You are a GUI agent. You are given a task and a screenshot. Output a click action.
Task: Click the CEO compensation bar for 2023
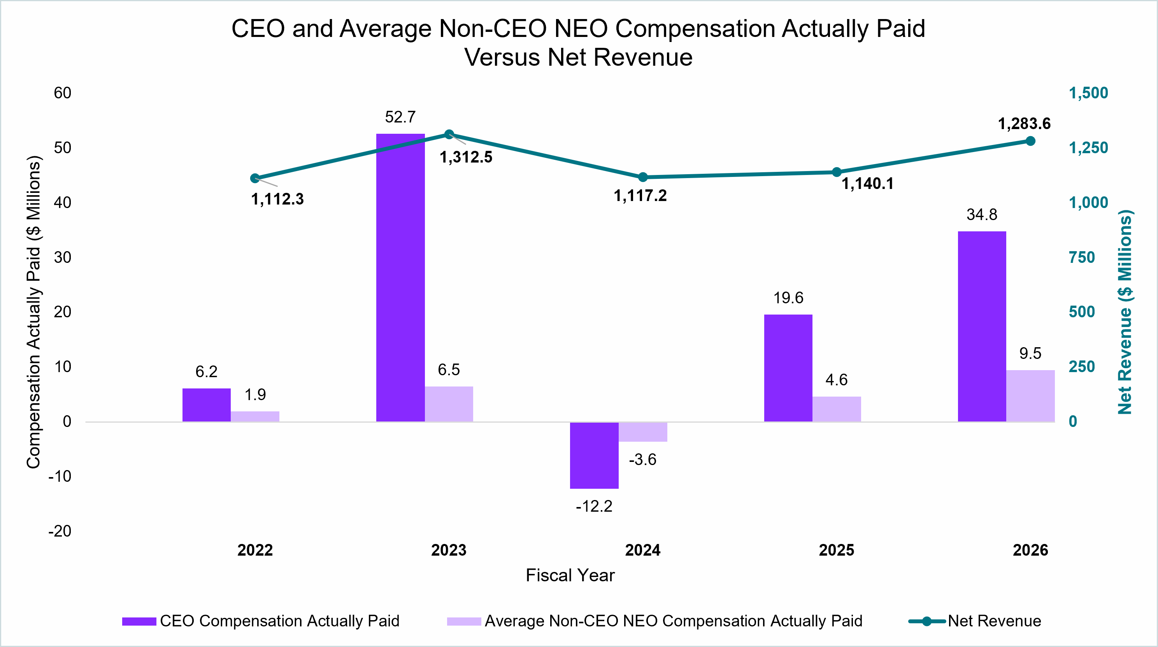400,278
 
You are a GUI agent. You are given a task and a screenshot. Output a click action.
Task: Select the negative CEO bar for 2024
594,455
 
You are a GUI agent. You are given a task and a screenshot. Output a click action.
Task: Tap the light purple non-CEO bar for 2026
1030,396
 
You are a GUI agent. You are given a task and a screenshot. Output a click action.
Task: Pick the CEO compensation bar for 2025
788,368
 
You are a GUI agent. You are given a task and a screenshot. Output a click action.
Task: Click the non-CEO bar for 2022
255,416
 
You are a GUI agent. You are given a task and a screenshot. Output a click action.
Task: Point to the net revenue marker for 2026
1030,141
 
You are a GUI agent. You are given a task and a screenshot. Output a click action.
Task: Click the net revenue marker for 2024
643,177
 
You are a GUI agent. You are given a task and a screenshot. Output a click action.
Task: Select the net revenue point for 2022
255,178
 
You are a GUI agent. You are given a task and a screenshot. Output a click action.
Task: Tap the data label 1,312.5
466,157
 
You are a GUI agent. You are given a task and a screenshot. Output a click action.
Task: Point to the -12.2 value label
594,506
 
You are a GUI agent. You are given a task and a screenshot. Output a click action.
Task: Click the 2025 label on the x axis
836,550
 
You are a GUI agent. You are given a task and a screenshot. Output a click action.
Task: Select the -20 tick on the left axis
60,531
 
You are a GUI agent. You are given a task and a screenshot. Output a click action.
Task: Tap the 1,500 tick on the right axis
1088,93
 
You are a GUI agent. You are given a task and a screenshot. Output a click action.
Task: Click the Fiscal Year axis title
570,575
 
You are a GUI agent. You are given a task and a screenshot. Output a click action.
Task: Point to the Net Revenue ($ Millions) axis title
1125,312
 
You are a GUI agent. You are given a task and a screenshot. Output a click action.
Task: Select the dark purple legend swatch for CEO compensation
139,621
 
